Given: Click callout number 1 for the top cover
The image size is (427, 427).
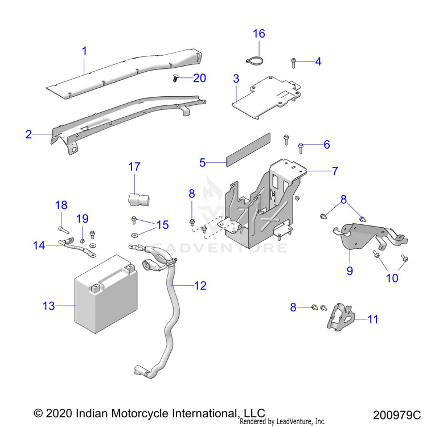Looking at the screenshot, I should pyautogui.click(x=84, y=51).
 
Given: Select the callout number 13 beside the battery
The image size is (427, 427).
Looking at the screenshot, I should pyautogui.click(x=48, y=306).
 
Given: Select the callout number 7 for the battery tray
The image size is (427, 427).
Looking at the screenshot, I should pyautogui.click(x=335, y=170).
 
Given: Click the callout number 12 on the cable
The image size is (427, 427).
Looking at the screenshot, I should pyautogui.click(x=200, y=286).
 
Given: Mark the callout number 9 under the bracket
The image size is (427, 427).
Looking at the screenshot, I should pyautogui.click(x=350, y=270).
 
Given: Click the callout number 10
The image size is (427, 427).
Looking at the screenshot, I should pyautogui.click(x=392, y=278).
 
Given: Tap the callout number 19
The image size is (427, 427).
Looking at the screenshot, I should pyautogui.click(x=83, y=218).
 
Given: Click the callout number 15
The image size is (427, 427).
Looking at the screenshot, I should pyautogui.click(x=162, y=225).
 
